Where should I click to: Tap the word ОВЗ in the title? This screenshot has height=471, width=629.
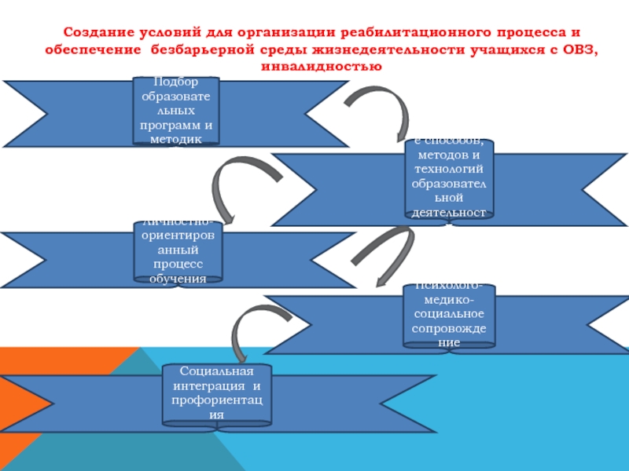[576, 49]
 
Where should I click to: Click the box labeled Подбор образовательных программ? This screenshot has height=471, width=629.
[175, 111]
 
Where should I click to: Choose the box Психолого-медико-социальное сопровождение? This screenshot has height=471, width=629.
[449, 315]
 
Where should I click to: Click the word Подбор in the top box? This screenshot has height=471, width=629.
[176, 82]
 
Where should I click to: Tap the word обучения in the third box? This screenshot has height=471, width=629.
[178, 277]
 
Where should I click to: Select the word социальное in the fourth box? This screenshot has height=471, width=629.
[449, 315]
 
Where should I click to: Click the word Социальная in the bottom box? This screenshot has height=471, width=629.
[216, 372]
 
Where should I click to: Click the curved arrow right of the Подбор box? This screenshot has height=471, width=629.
[381, 110]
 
